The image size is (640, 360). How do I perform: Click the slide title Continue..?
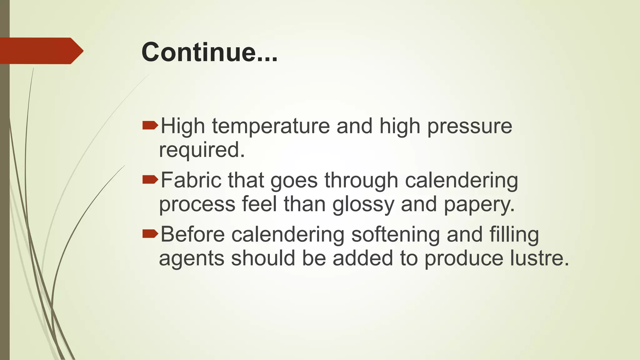tap(209, 52)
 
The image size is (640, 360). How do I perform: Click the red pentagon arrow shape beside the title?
tap(41, 51)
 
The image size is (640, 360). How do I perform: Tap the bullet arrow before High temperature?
tap(150, 126)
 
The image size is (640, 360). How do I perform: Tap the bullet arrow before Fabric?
tap(150, 179)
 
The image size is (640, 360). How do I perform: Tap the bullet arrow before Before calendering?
tap(150, 234)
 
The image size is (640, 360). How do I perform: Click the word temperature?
tap(271, 126)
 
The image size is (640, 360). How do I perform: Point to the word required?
tap(202, 151)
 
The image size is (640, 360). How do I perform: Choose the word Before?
tap(192, 234)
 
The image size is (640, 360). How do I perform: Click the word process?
tap(197, 205)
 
